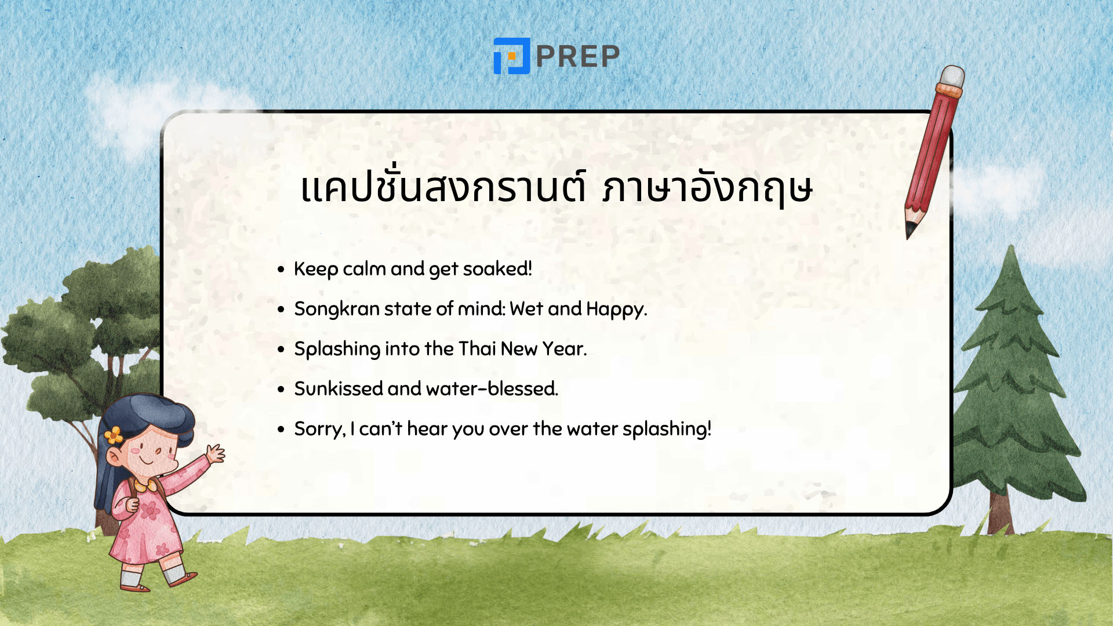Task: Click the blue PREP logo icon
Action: click(x=511, y=56)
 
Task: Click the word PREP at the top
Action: click(x=578, y=56)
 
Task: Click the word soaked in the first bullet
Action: click(x=497, y=269)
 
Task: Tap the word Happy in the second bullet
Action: click(x=616, y=309)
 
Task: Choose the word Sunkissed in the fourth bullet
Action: click(x=338, y=389)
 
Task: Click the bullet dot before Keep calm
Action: click(x=281, y=270)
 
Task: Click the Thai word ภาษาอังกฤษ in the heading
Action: click(x=707, y=188)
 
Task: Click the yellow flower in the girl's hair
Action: click(x=114, y=435)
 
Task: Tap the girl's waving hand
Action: click(x=216, y=453)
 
